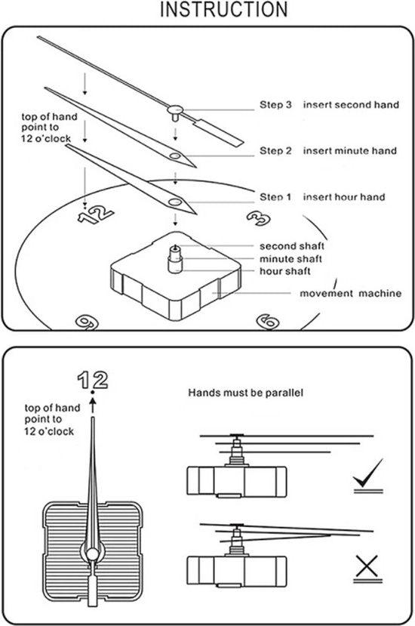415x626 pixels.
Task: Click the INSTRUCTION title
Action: point(224,10)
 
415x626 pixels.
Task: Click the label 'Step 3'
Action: point(275,105)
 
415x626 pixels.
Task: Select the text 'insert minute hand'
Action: point(350,150)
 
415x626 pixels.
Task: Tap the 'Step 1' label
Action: point(275,197)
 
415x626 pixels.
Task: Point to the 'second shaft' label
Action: point(292,246)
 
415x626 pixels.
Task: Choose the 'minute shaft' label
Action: point(290,259)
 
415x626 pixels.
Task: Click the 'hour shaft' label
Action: point(285,271)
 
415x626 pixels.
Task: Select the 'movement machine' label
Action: point(350,293)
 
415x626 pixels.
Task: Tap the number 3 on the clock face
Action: point(258,218)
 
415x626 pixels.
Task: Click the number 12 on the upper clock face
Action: point(96,215)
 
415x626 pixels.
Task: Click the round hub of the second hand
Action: point(175,109)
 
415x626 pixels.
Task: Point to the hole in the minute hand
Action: point(175,156)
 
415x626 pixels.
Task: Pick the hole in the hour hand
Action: point(175,202)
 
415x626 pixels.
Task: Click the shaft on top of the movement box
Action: point(175,260)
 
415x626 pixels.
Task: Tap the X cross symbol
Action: point(367,567)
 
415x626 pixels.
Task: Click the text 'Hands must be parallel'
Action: point(245,393)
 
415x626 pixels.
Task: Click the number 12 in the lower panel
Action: point(93,380)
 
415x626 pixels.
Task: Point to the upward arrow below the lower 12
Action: point(93,406)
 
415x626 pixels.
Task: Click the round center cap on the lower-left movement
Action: point(93,554)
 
